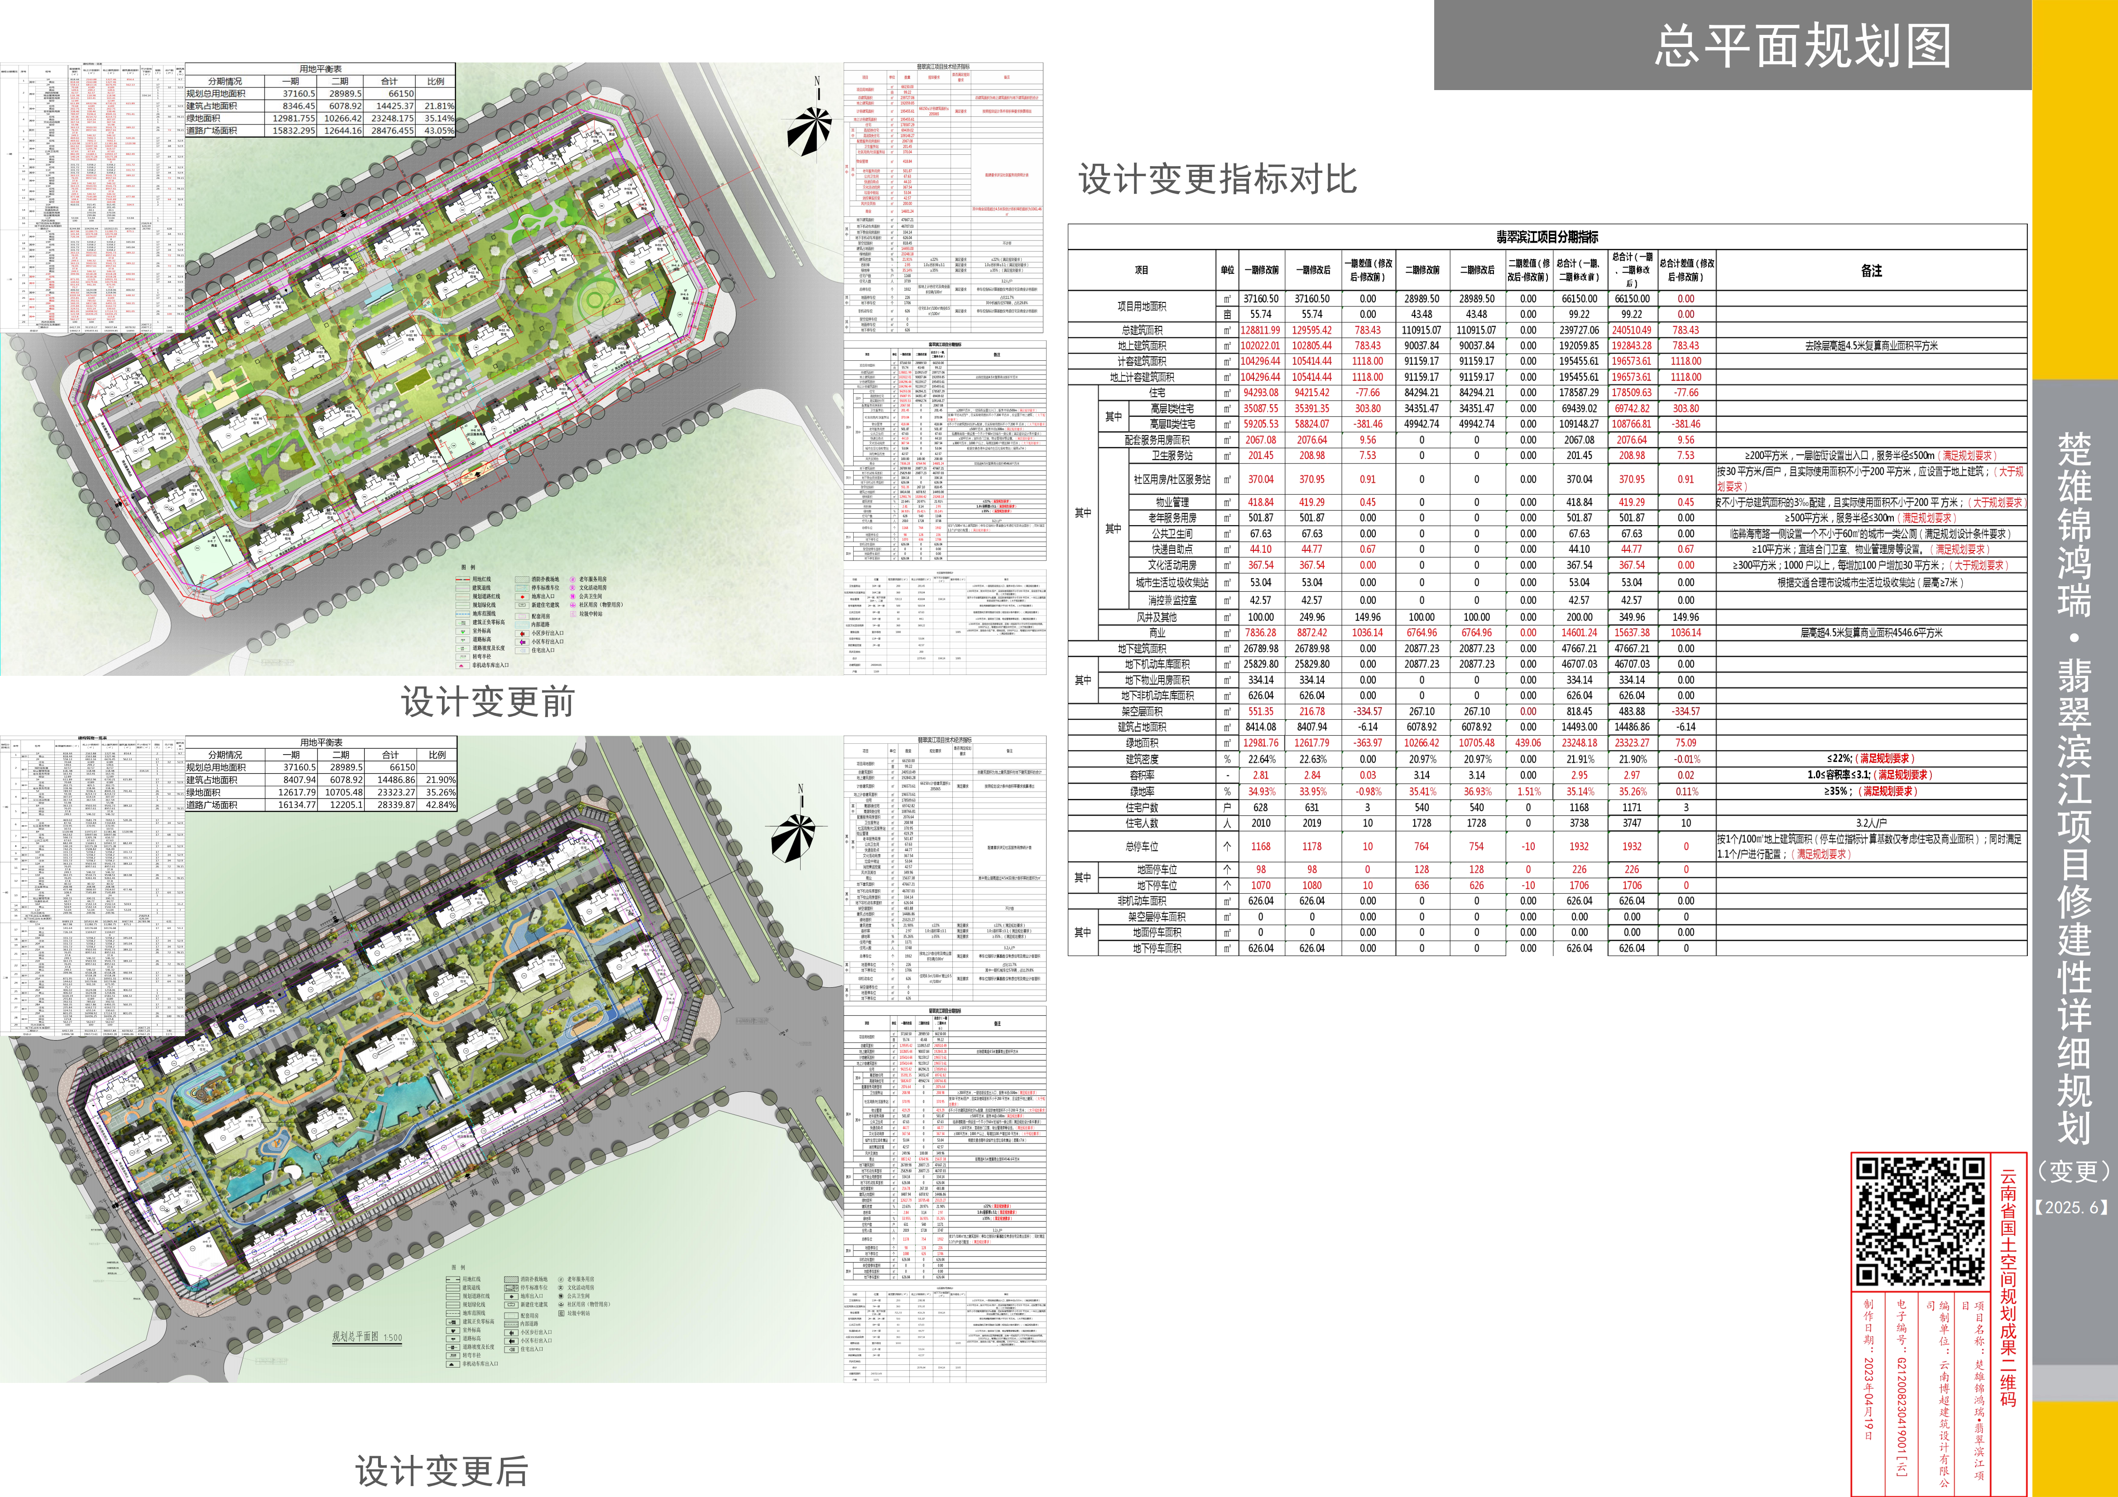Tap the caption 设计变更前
[x=487, y=702]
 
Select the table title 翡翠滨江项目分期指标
[x=1547, y=237]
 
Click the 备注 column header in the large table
[x=1871, y=270]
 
